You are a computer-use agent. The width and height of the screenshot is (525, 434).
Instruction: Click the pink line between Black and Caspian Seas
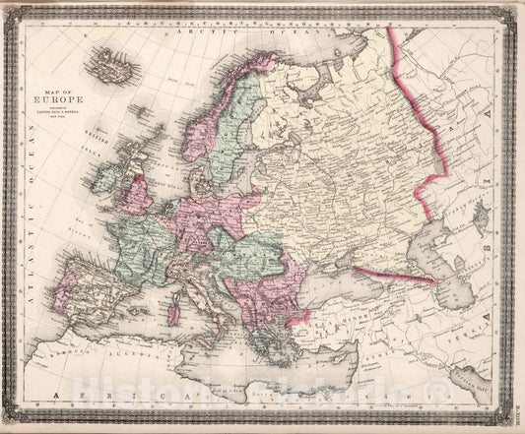pos(394,275)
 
